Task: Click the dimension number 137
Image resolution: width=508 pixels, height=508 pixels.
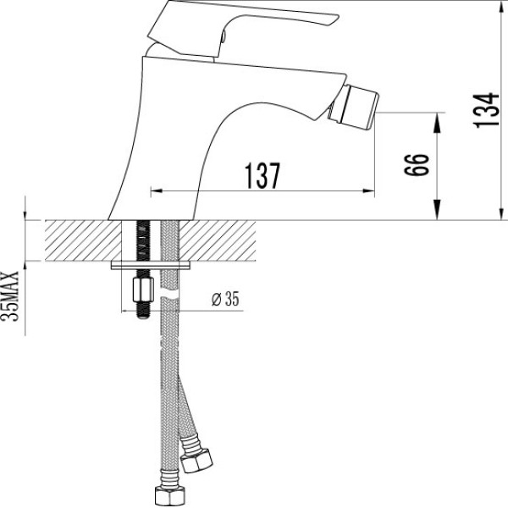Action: coord(262,176)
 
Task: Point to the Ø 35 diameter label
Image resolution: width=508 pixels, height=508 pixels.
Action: coord(224,298)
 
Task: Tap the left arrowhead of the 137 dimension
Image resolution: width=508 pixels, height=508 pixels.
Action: coord(154,191)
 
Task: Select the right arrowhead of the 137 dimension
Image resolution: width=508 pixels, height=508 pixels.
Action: coord(372,191)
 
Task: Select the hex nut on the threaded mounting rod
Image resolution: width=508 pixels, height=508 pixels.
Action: coord(140,292)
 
